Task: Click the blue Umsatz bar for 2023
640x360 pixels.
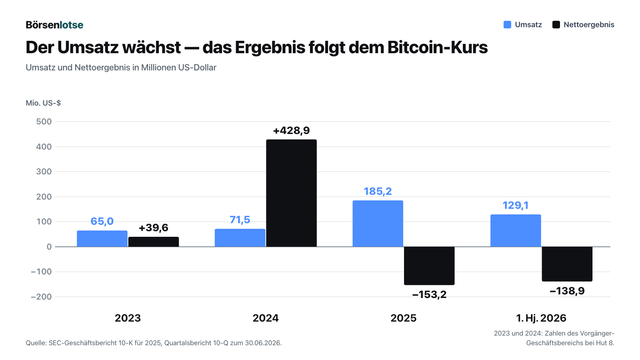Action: coord(102,238)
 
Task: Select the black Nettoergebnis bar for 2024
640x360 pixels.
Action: coord(292,193)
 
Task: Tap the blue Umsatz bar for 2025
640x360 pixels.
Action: coord(378,224)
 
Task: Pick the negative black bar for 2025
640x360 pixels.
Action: coord(429,266)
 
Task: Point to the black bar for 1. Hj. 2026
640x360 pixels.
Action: coord(567,264)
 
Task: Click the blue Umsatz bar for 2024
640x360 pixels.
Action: coord(240,238)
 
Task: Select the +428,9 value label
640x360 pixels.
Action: coord(292,130)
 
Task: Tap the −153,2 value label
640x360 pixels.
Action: coord(429,294)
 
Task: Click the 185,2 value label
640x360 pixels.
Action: coord(378,191)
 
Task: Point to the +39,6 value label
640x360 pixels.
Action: coord(154,228)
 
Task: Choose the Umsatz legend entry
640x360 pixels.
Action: coord(522,24)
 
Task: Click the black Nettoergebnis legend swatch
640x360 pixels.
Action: coord(556,24)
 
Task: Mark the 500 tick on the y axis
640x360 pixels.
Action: coord(44,122)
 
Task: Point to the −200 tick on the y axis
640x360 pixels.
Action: coord(42,297)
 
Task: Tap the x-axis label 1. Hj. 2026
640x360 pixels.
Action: coord(541,318)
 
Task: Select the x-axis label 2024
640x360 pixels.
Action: coord(266,318)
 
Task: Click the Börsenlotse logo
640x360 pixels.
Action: coord(54,25)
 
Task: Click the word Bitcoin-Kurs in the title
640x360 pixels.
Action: coord(438,47)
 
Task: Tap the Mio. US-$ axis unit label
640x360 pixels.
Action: coord(43,103)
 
